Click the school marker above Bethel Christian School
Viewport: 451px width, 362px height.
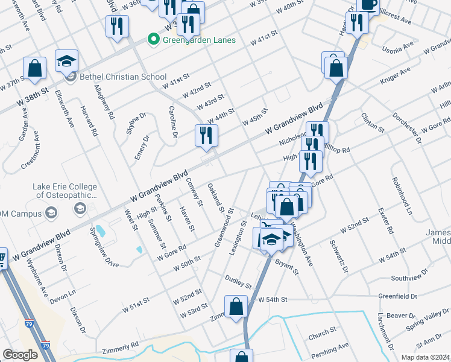[x=67, y=61]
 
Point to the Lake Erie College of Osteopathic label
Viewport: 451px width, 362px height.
[x=65, y=191]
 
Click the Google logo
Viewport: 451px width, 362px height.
[x=20, y=354]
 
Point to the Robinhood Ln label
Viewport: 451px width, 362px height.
[x=401, y=195]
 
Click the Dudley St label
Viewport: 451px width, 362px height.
[x=238, y=281]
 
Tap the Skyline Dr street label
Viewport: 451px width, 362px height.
[x=135, y=124]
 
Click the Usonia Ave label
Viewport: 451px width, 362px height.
[x=399, y=44]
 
